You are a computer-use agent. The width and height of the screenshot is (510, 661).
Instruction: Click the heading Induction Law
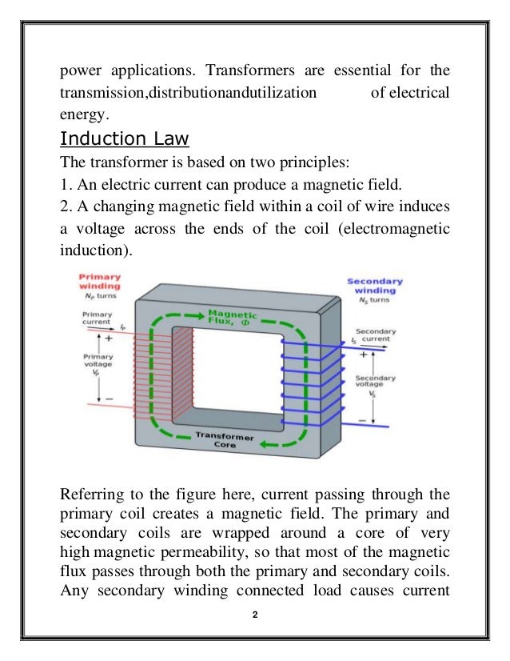point(125,140)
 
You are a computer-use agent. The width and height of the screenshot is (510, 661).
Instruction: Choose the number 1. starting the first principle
point(66,185)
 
